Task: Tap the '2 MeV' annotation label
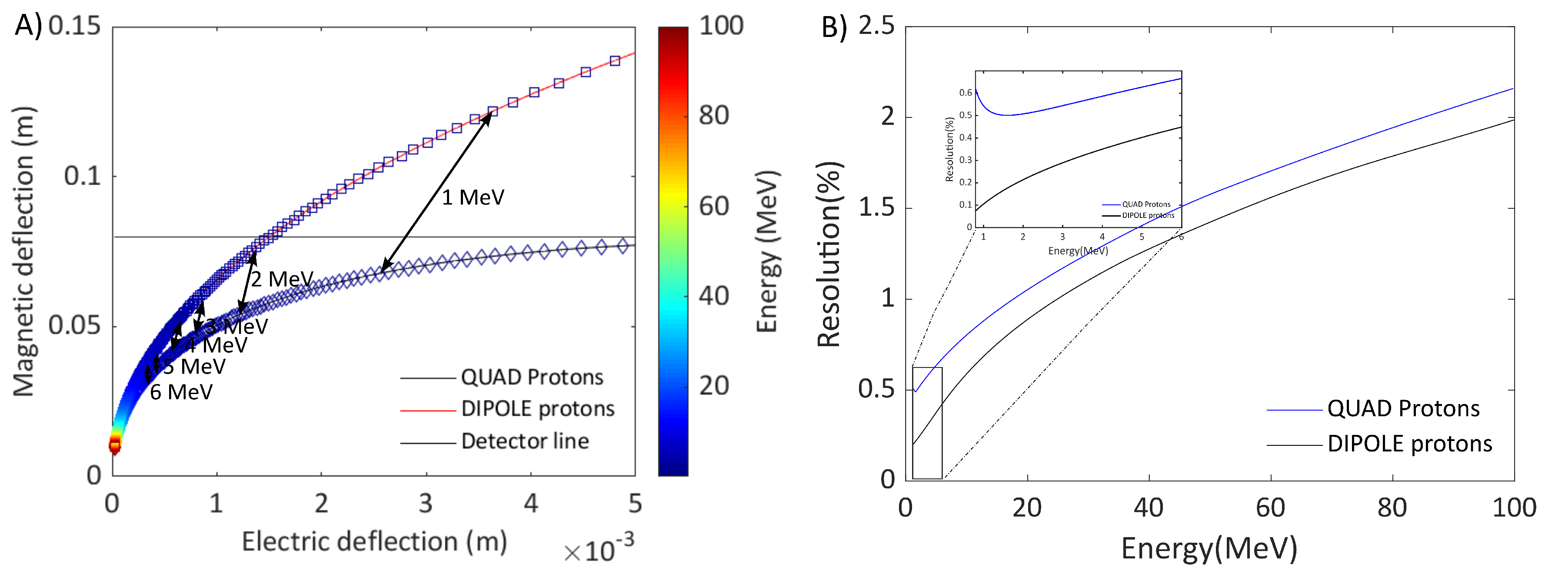coord(282,279)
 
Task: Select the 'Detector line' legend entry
coord(525,441)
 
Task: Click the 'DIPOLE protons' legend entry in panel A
coord(537,409)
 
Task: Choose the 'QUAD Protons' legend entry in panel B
coord(1403,409)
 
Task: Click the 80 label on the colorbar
coord(714,115)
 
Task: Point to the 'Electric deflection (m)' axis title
coord(374,541)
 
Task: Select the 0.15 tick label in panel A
coord(74,27)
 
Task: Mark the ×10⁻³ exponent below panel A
coord(599,549)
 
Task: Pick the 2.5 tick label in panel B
coord(876,27)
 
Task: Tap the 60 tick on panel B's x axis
coord(1270,508)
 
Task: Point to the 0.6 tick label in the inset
coord(965,93)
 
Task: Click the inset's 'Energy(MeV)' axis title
coord(1078,251)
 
